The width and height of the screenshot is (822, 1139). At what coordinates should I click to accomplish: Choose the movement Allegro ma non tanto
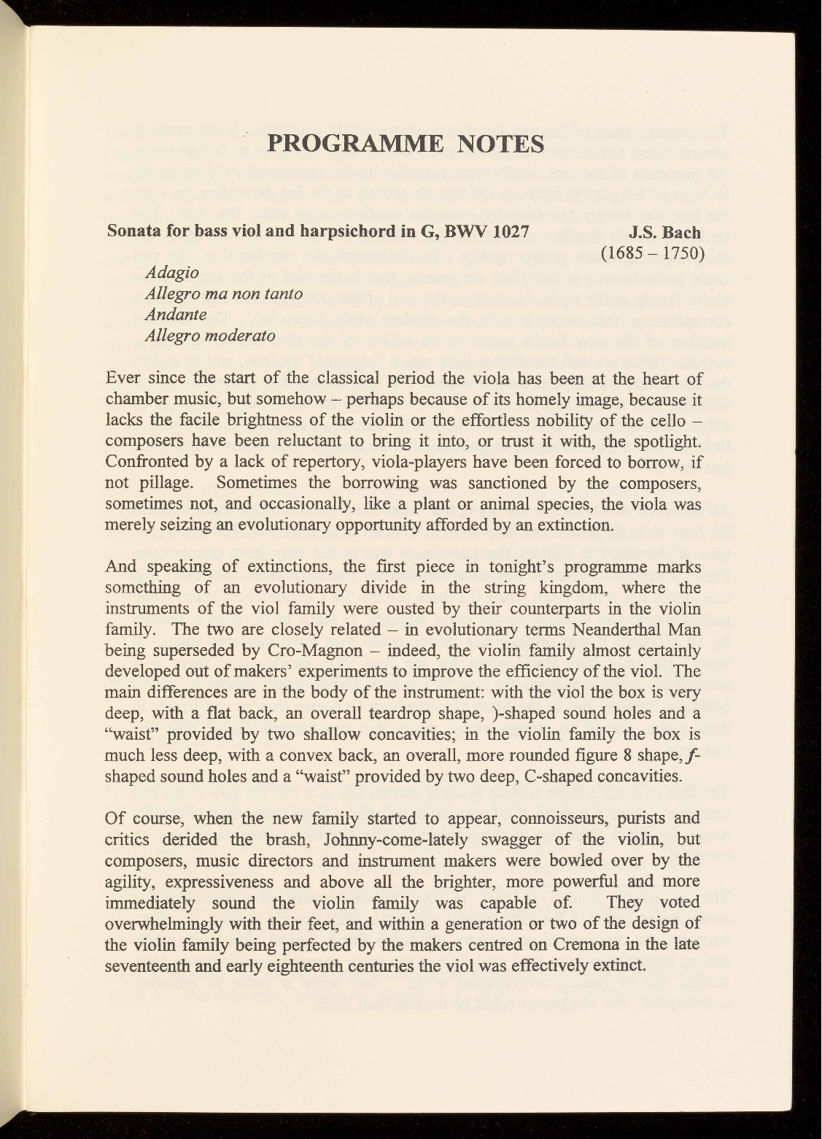click(224, 295)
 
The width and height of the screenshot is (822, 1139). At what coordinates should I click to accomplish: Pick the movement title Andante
click(177, 315)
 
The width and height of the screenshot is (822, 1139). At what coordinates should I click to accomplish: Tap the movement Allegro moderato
click(210, 336)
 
